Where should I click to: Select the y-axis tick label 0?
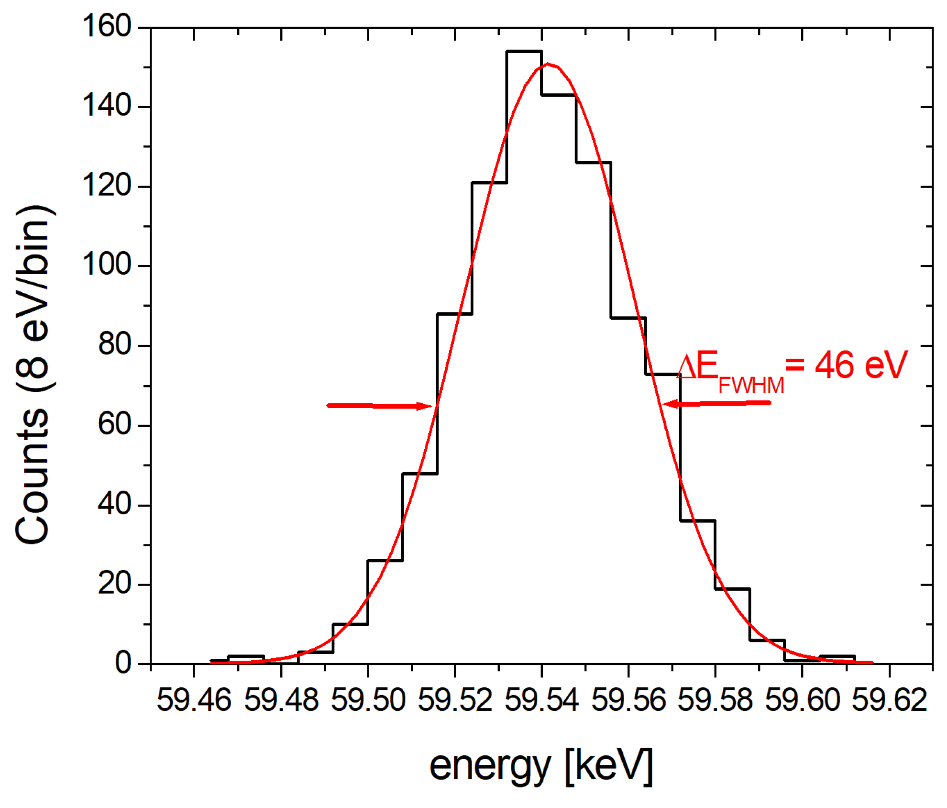point(123,663)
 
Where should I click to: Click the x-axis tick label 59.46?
point(194,700)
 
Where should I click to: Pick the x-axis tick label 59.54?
point(541,700)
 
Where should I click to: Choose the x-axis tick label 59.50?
point(368,700)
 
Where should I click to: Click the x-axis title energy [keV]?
point(541,766)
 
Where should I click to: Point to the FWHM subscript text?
point(751,385)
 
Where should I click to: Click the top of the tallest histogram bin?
point(524,51)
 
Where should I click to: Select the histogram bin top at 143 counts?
point(559,95)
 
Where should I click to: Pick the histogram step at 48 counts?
point(420,474)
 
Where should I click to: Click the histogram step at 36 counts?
point(697,520)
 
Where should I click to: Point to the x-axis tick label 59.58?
point(715,700)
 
